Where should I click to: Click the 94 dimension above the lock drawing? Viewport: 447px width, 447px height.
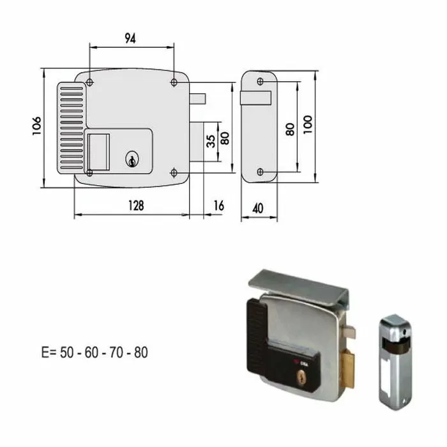coord(130,38)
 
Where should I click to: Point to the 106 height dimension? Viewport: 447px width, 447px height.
coord(36,127)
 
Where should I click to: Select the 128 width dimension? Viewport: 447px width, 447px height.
coord(135,206)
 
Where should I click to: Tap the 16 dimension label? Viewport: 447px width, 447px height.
coord(218,206)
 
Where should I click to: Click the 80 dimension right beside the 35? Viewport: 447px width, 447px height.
coord(224,138)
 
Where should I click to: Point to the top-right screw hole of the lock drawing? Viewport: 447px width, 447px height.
coord(174,82)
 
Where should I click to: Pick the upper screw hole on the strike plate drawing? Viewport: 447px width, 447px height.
coord(260,82)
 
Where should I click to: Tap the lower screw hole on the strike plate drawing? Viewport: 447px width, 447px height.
coord(260,172)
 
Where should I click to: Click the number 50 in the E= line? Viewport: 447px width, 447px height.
coord(66,352)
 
